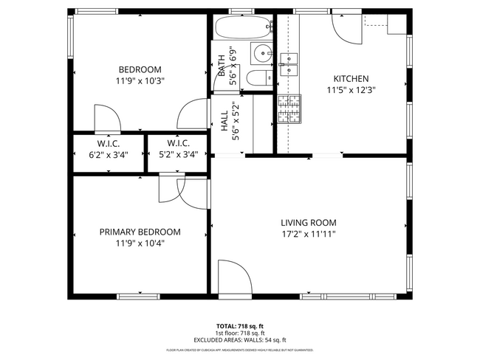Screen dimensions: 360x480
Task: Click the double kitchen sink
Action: click(289, 63)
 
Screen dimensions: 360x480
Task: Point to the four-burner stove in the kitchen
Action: click(289, 108)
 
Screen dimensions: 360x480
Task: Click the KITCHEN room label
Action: click(351, 79)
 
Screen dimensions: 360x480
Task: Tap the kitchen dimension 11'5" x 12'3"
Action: click(351, 91)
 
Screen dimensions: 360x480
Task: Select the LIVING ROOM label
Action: click(308, 222)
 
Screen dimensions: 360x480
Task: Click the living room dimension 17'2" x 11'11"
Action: click(308, 235)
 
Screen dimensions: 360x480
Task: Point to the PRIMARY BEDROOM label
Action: click(140, 232)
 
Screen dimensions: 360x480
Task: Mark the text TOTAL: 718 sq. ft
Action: click(240, 325)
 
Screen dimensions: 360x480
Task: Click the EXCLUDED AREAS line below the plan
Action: click(240, 339)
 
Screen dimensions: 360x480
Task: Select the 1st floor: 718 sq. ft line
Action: click(240, 333)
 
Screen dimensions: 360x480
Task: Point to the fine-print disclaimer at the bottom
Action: click(240, 350)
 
